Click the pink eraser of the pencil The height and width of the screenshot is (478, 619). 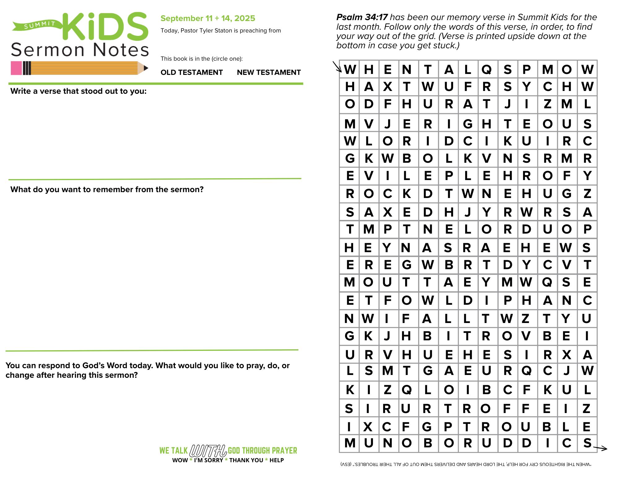(x=16, y=68)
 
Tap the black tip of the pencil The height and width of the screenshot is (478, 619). (x=146, y=68)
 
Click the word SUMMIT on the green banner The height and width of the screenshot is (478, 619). (x=40, y=25)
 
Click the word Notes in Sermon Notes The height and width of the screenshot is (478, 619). (x=121, y=50)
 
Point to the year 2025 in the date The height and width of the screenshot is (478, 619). (x=245, y=18)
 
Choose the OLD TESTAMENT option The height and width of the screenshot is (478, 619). (x=192, y=72)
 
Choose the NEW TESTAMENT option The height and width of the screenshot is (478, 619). (x=269, y=72)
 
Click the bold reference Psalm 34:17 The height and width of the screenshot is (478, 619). (x=362, y=17)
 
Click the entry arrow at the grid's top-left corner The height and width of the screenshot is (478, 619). (x=337, y=67)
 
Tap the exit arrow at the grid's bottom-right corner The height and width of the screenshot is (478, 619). (x=600, y=448)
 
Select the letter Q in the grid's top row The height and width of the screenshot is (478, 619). (x=487, y=70)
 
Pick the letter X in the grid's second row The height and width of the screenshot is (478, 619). (x=387, y=87)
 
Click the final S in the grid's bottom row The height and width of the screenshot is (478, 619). (x=587, y=443)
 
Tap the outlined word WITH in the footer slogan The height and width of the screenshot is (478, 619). (x=208, y=451)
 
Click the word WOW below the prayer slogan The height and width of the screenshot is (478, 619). (x=180, y=460)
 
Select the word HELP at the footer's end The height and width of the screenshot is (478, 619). (x=276, y=460)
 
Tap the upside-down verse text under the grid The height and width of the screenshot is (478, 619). (x=466, y=464)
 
